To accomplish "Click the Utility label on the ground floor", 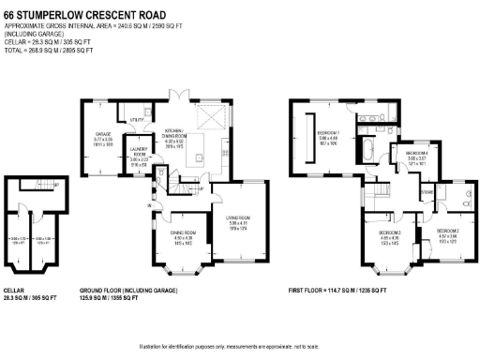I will point(137,120).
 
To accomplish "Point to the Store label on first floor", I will point(427,194).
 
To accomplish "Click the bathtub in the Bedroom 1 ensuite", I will point(367,151).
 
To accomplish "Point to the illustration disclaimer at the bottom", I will point(239,348).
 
